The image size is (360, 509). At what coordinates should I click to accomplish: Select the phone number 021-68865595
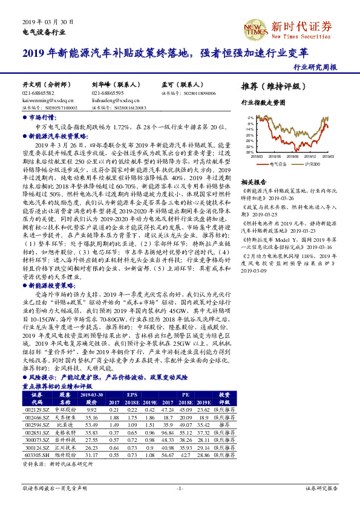108,94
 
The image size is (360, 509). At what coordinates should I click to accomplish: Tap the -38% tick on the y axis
249,152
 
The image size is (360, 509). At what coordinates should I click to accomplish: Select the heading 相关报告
254,182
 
